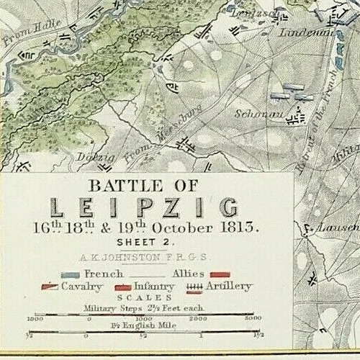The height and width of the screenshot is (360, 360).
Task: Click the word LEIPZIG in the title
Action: pyautogui.click(x=144, y=208)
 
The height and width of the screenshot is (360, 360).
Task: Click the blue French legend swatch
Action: pyautogui.click(x=71, y=275)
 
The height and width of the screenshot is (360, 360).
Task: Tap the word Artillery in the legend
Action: pyautogui.click(x=228, y=287)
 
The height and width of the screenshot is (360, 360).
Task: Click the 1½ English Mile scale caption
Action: pyautogui.click(x=144, y=326)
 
